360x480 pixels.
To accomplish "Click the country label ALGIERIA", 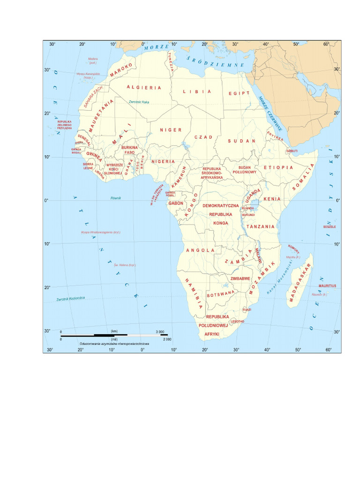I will [x=144, y=87].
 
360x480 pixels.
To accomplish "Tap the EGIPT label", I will [x=239, y=93].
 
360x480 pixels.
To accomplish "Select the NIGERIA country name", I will [x=163, y=161].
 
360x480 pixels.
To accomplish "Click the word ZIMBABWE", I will [x=240, y=278].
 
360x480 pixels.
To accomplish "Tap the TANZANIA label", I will [x=261, y=226].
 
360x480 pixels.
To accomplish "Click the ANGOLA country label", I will [x=200, y=250].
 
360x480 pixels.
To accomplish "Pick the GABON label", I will [x=176, y=203].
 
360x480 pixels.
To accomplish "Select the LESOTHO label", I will [x=237, y=321].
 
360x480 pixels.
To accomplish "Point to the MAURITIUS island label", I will [x=327, y=285].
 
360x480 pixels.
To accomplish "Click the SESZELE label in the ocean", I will [x=329, y=226].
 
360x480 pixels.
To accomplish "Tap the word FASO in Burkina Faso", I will [x=129, y=152].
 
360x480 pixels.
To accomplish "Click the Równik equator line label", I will [x=116, y=198].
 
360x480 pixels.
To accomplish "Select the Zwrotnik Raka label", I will [x=138, y=102].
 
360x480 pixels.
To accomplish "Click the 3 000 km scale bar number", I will [x=159, y=331].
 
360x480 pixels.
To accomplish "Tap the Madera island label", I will [x=93, y=59].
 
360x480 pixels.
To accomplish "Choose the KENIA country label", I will [x=272, y=199].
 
